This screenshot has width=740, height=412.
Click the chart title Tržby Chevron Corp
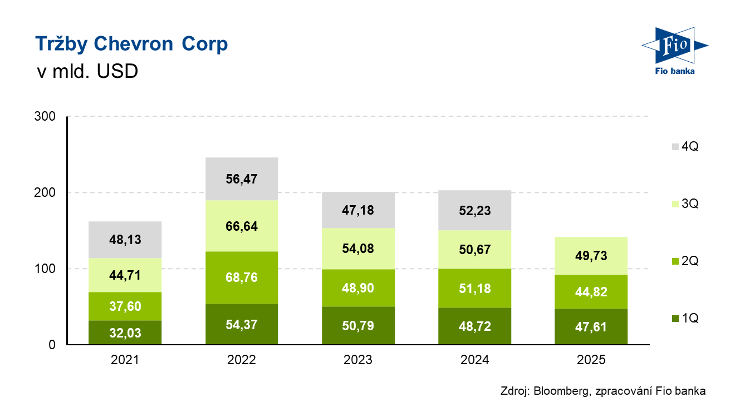tap(131, 44)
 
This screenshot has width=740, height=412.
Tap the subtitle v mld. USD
tap(86, 72)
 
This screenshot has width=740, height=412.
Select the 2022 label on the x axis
tap(242, 360)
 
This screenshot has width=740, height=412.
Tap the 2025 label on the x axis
tap(591, 360)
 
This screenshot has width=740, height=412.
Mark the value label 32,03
tap(125, 332)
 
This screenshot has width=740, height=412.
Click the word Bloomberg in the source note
tap(561, 391)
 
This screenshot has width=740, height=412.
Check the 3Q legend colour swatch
tap(675, 204)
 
